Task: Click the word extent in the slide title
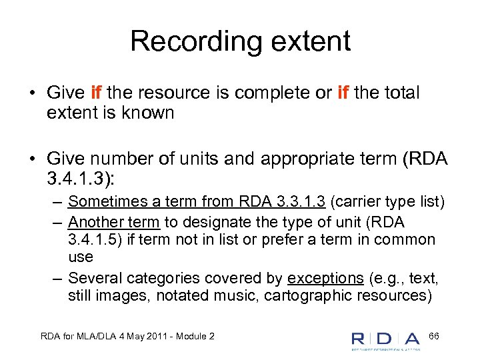(x=314, y=41)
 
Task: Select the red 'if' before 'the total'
(x=343, y=93)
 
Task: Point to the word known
(x=149, y=113)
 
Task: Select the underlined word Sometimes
(x=101, y=201)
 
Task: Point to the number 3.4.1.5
(x=97, y=239)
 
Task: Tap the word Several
(x=91, y=278)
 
